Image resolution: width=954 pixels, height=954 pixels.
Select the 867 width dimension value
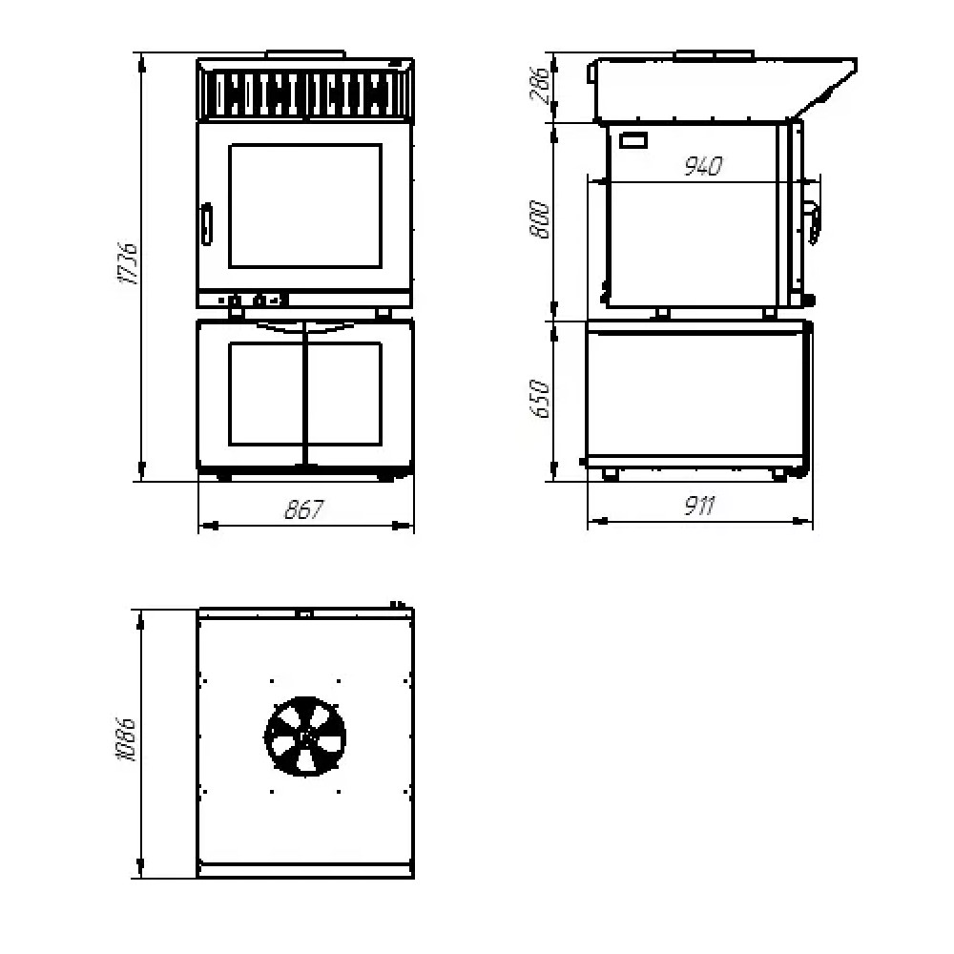click(305, 509)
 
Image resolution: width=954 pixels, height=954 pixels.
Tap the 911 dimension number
click(698, 506)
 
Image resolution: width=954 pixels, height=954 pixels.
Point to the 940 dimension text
click(703, 165)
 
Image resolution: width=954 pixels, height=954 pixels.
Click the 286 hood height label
click(539, 85)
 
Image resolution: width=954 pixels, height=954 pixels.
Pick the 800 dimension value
click(540, 219)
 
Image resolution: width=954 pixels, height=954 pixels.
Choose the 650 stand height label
click(540, 399)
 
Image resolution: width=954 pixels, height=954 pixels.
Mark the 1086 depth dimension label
click(127, 739)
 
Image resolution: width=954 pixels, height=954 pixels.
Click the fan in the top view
click(305, 736)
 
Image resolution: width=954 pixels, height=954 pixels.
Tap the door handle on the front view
click(207, 224)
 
